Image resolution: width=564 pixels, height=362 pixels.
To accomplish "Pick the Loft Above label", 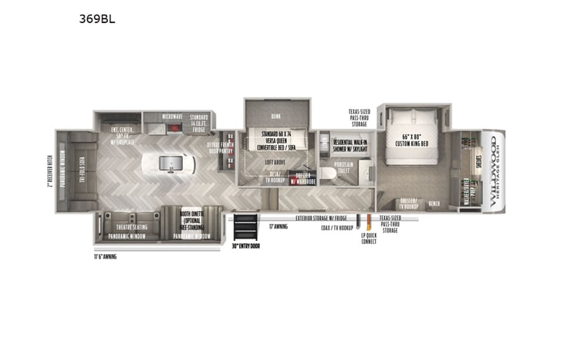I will (275, 163).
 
